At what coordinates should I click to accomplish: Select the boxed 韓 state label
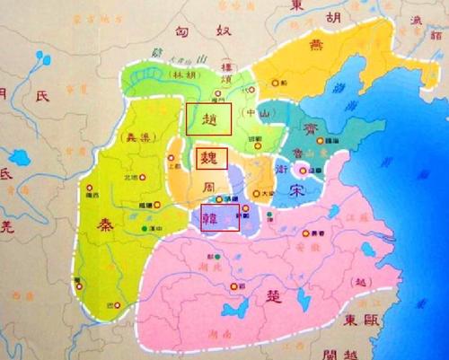click(x=220, y=217)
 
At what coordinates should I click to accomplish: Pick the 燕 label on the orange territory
click(x=318, y=47)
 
